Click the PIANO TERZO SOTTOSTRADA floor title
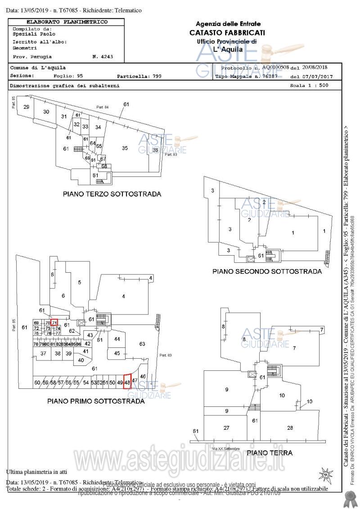coord(112,194)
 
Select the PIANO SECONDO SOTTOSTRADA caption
coord(267,271)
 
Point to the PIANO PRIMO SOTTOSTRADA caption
coord(96,401)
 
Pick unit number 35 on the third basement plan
coord(125,148)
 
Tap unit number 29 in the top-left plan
coord(27,107)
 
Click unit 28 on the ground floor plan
coord(290,428)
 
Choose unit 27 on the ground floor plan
coord(227,428)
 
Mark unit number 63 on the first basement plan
coord(142,344)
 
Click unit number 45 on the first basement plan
coord(117,353)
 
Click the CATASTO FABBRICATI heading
coord(227,32)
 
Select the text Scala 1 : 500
coord(312,85)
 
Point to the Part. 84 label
coord(103,107)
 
